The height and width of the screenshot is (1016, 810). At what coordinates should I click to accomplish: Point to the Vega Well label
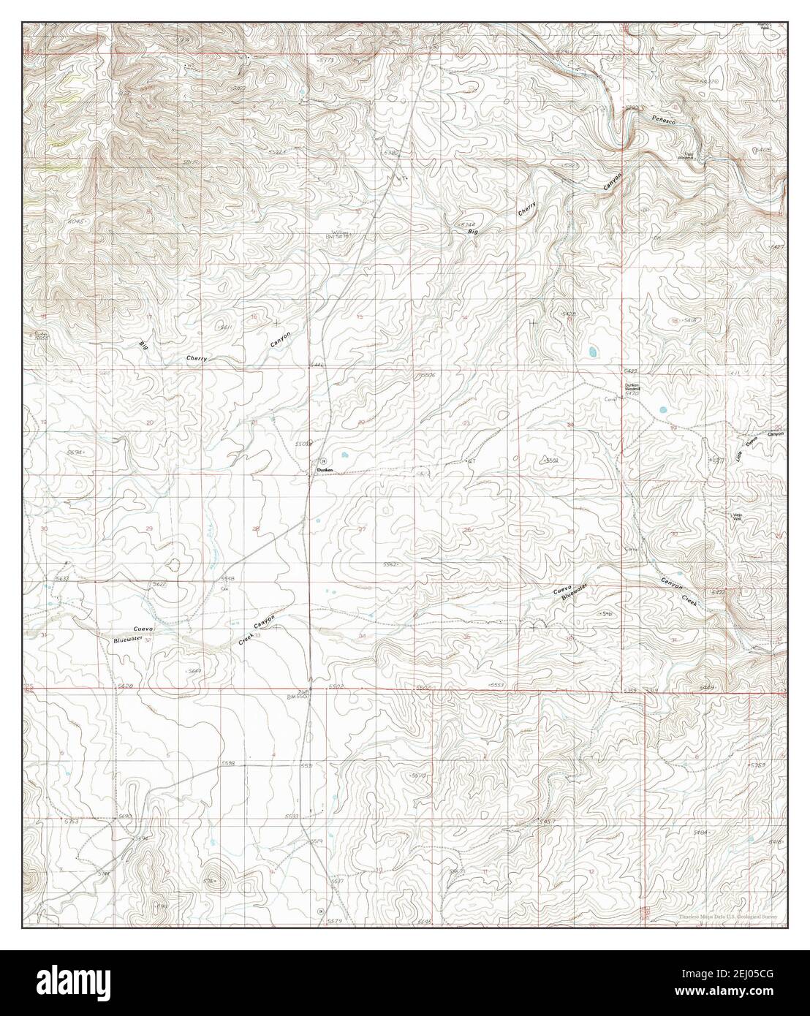[738, 517]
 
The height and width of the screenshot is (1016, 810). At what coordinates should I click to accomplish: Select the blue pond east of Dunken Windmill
[662, 409]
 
